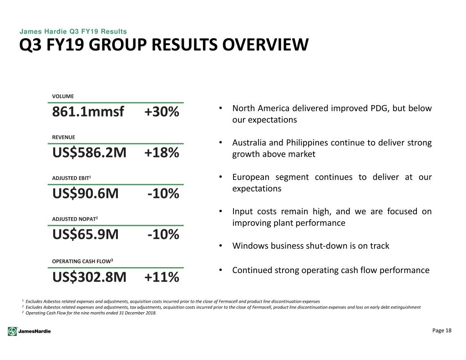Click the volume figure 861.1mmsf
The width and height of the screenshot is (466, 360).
point(88,112)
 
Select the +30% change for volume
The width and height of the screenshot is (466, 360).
point(162,112)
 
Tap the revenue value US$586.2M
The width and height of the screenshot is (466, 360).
point(89,152)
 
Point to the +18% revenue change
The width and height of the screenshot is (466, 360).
point(162,152)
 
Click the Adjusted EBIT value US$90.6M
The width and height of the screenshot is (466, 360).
point(85,193)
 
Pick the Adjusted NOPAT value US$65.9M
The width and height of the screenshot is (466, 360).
point(85,234)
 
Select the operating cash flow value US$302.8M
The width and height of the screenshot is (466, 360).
point(89,277)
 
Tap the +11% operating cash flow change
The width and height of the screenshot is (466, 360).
point(162,277)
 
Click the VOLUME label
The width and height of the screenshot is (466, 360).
point(63,96)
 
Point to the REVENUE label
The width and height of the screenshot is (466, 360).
point(64,137)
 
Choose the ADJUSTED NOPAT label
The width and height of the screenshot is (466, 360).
point(75,219)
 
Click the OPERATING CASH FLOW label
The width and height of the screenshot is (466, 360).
point(82,261)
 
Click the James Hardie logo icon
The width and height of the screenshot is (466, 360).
point(12,331)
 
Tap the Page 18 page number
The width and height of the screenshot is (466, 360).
point(441,330)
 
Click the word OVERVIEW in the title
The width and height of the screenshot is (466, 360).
point(265,45)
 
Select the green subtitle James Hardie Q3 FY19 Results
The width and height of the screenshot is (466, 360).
point(73,31)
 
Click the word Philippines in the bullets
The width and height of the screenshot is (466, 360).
point(307,143)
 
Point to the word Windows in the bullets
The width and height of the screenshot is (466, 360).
point(250,246)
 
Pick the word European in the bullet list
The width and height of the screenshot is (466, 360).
point(251,177)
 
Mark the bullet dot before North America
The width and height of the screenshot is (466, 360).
point(221,108)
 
